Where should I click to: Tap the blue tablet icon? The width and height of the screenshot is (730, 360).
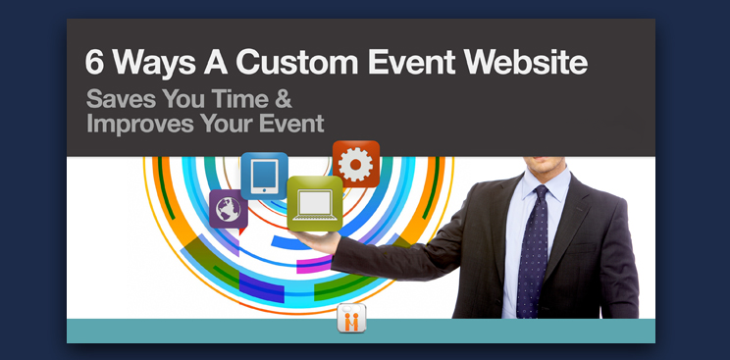264,177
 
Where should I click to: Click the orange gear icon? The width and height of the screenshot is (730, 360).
356,163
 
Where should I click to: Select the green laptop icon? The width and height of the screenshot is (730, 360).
315,203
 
